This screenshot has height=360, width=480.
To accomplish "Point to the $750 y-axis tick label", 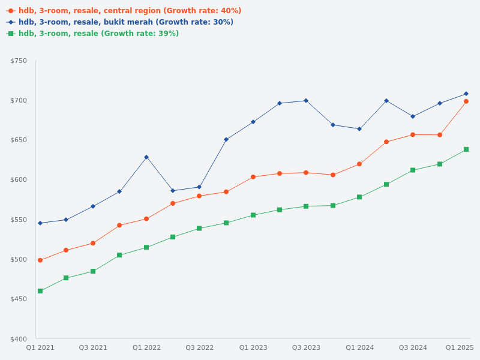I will [19, 61].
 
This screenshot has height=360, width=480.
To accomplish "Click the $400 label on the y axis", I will [19, 339].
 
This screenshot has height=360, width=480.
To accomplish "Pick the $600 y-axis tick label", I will [19, 180].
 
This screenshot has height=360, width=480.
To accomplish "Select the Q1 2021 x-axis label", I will [40, 347].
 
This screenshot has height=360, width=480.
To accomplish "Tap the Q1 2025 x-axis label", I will [460, 347].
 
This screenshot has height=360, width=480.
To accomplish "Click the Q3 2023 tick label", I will [306, 347].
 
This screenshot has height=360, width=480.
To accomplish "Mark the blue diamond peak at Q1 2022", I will [146, 157].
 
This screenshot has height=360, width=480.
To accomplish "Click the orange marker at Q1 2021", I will [40, 260].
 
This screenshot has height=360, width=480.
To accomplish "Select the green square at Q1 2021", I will [40, 291].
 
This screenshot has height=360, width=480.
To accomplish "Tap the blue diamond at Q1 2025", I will [466, 94].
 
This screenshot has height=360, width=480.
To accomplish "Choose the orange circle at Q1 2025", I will [466, 101].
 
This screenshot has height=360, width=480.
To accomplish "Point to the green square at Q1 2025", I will [466, 149].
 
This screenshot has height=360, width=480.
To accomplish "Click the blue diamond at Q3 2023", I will [306, 100].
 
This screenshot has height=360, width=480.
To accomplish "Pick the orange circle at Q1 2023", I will [253, 177].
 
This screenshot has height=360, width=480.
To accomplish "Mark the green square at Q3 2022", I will [199, 229].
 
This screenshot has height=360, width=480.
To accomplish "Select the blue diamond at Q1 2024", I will [359, 129].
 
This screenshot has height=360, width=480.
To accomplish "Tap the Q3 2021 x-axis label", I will [93, 347].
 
